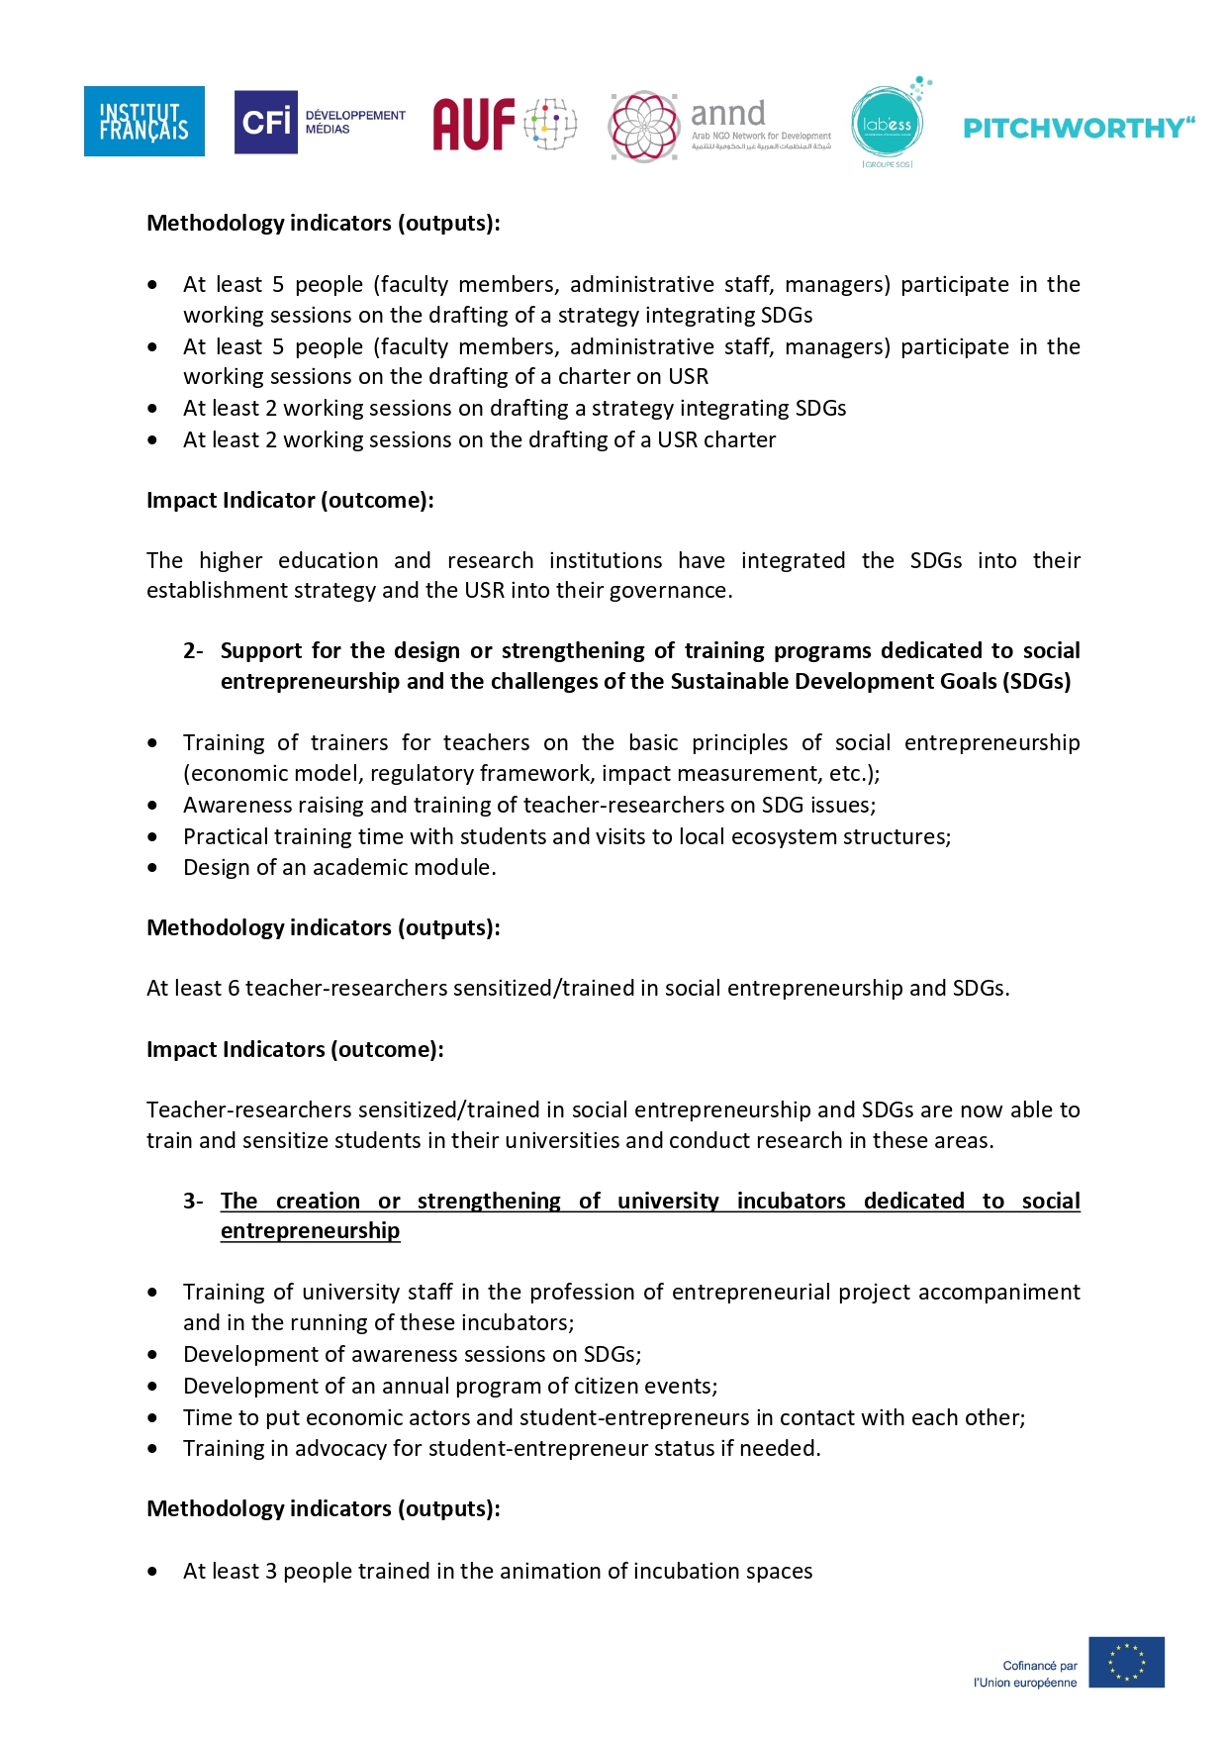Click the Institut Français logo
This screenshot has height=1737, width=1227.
144,121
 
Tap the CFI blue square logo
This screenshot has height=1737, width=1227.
265,122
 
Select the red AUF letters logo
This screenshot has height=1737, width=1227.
475,124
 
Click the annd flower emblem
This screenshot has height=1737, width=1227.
643,126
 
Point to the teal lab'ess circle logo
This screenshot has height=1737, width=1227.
887,124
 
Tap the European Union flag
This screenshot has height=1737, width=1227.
1126,1662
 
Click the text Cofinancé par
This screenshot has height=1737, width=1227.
1039,1666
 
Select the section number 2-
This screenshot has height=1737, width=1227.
193,651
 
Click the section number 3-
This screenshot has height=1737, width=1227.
193,1201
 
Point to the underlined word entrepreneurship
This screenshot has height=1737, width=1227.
310,1230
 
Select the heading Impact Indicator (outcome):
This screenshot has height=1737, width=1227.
290,500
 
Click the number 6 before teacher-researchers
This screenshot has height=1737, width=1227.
234,988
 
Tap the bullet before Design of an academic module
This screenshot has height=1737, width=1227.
152,868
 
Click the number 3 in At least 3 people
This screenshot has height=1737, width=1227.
271,1571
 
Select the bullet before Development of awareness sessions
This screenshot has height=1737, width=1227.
152,1355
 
